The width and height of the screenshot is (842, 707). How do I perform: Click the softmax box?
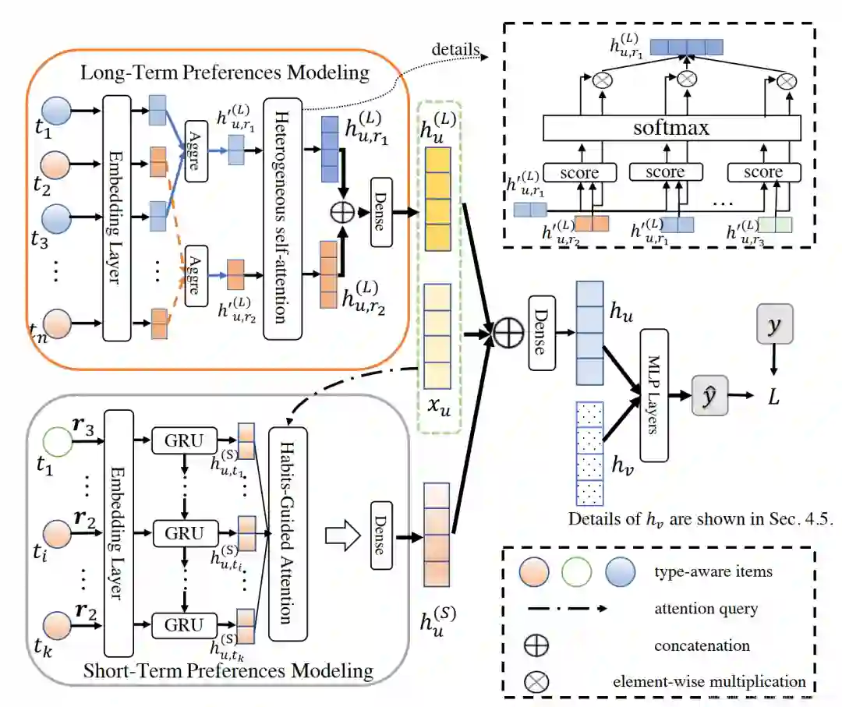(x=671, y=128)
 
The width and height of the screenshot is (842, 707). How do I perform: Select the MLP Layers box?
(x=654, y=395)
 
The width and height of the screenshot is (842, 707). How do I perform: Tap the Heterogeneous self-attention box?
(x=282, y=218)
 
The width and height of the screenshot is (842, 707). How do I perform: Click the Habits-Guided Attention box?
(x=288, y=534)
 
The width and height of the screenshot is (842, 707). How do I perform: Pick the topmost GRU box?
(x=184, y=440)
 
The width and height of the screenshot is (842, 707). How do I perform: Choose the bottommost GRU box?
(x=184, y=625)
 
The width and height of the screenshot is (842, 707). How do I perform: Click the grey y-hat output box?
(x=709, y=396)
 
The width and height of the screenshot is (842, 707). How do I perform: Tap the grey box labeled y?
(x=774, y=323)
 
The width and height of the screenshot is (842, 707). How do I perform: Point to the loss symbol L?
(x=773, y=397)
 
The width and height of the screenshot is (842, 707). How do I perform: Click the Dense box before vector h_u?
(x=542, y=333)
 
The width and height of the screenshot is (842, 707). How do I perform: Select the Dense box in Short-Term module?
(x=381, y=536)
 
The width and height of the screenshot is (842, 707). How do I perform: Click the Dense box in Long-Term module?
(x=381, y=212)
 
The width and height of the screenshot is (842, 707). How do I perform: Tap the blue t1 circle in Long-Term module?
(x=56, y=111)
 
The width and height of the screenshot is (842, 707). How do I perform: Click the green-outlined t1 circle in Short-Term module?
(x=57, y=441)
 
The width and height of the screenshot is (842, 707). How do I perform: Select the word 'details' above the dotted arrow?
(x=455, y=49)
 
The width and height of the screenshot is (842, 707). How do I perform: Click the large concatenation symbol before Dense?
(x=508, y=332)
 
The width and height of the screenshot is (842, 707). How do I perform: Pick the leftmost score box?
(x=579, y=173)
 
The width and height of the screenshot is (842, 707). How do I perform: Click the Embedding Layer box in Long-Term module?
(x=116, y=218)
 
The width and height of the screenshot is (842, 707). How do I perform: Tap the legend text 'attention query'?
(x=706, y=609)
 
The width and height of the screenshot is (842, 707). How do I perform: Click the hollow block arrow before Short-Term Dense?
(x=342, y=536)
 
